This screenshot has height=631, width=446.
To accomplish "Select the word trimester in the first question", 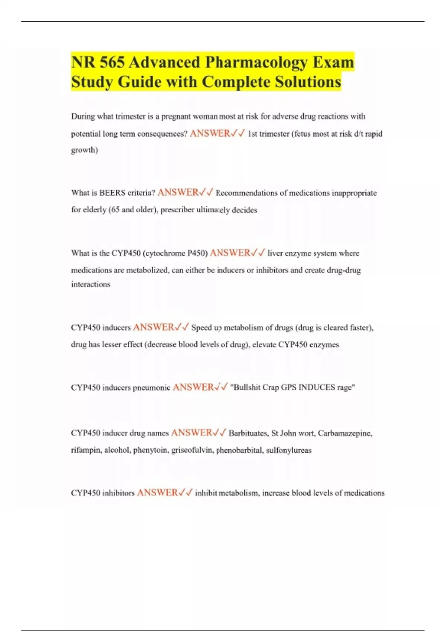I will pyautogui.click(x=130, y=117).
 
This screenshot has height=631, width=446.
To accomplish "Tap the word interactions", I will pyautogui.click(x=91, y=285).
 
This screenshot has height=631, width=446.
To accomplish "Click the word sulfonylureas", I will pyautogui.click(x=289, y=450).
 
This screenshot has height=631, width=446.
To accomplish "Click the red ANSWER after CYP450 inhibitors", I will pyautogui.click(x=157, y=493).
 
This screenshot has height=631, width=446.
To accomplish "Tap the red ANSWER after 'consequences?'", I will pyautogui.click(x=210, y=134).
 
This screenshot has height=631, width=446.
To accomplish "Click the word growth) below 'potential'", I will pyautogui.click(x=84, y=150).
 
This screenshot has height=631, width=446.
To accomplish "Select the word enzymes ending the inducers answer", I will pyautogui.click(x=324, y=345).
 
